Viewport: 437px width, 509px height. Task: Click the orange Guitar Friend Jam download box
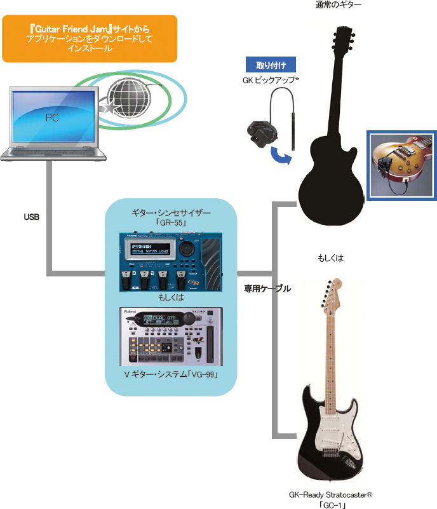tap(90, 39)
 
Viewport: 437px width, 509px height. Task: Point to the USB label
tap(32, 217)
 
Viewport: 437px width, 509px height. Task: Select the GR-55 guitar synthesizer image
tap(171, 261)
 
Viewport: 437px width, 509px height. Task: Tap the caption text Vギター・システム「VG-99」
tap(171, 376)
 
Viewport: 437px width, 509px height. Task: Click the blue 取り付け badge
tap(271, 65)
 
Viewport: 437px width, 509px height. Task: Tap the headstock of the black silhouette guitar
tap(343, 38)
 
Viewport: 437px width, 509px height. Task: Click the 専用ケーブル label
tap(267, 288)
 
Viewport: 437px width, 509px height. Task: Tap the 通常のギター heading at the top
tap(339, 5)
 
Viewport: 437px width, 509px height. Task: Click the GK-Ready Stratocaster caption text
tap(330, 494)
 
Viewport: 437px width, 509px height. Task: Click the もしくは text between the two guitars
tap(330, 258)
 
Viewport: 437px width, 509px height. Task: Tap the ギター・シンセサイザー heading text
tap(171, 212)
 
